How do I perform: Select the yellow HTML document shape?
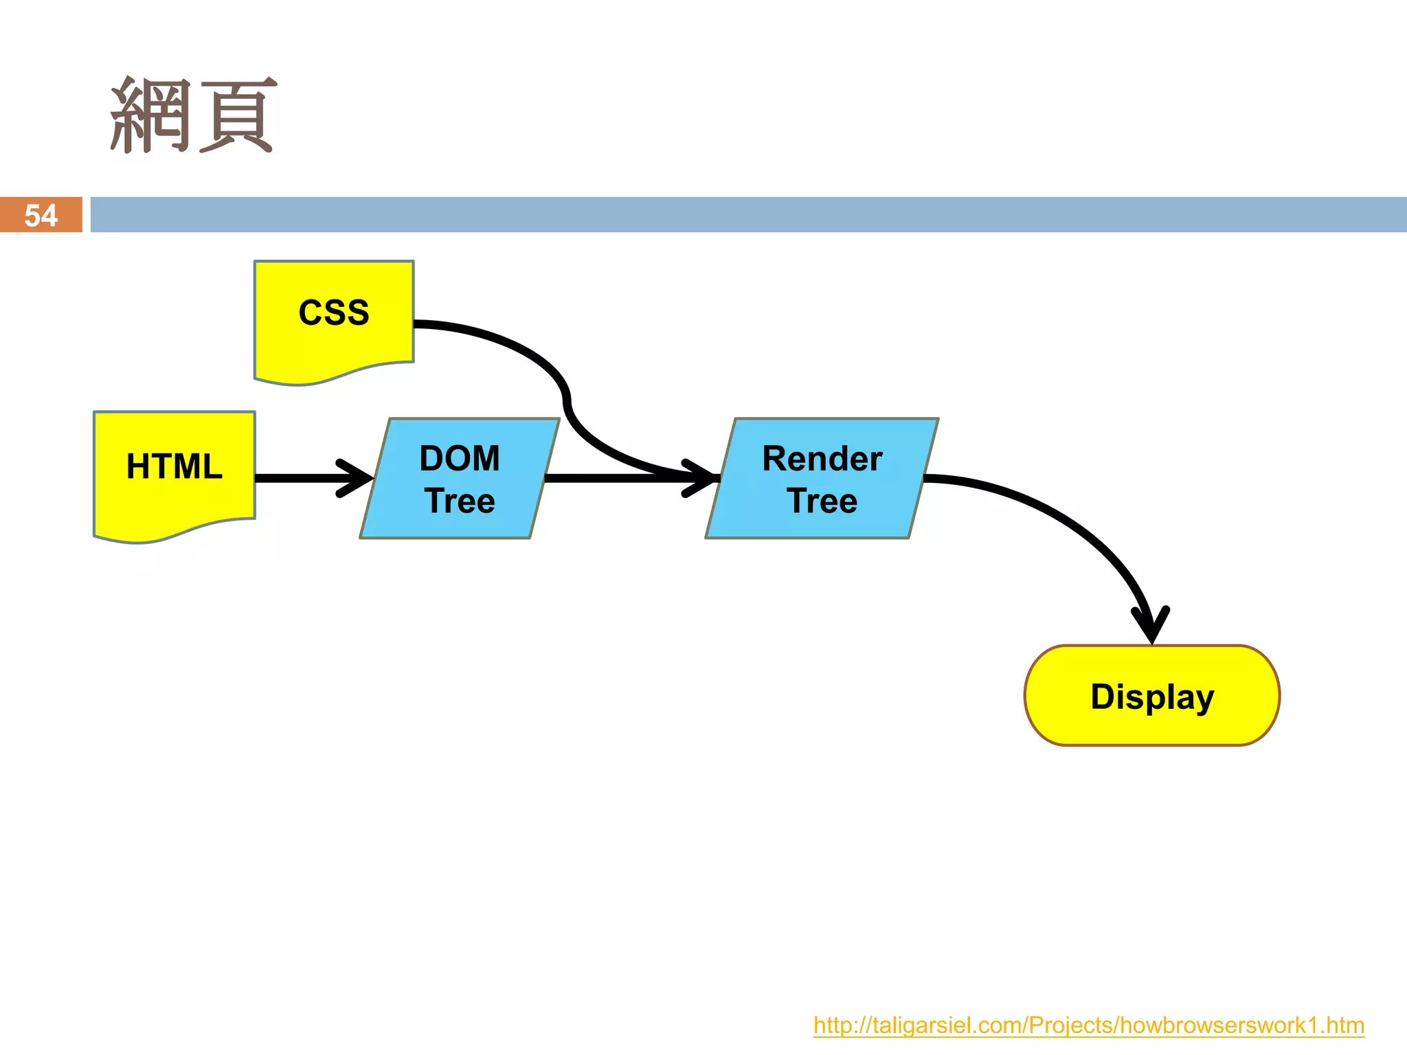175,474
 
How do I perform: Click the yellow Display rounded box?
1152,695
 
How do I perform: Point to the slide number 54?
41,216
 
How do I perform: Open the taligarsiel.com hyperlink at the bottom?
1088,1025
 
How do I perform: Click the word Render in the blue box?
822,458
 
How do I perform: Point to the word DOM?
460,458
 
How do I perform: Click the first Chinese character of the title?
150,115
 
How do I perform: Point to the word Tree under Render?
822,501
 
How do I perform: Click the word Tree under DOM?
460,501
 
